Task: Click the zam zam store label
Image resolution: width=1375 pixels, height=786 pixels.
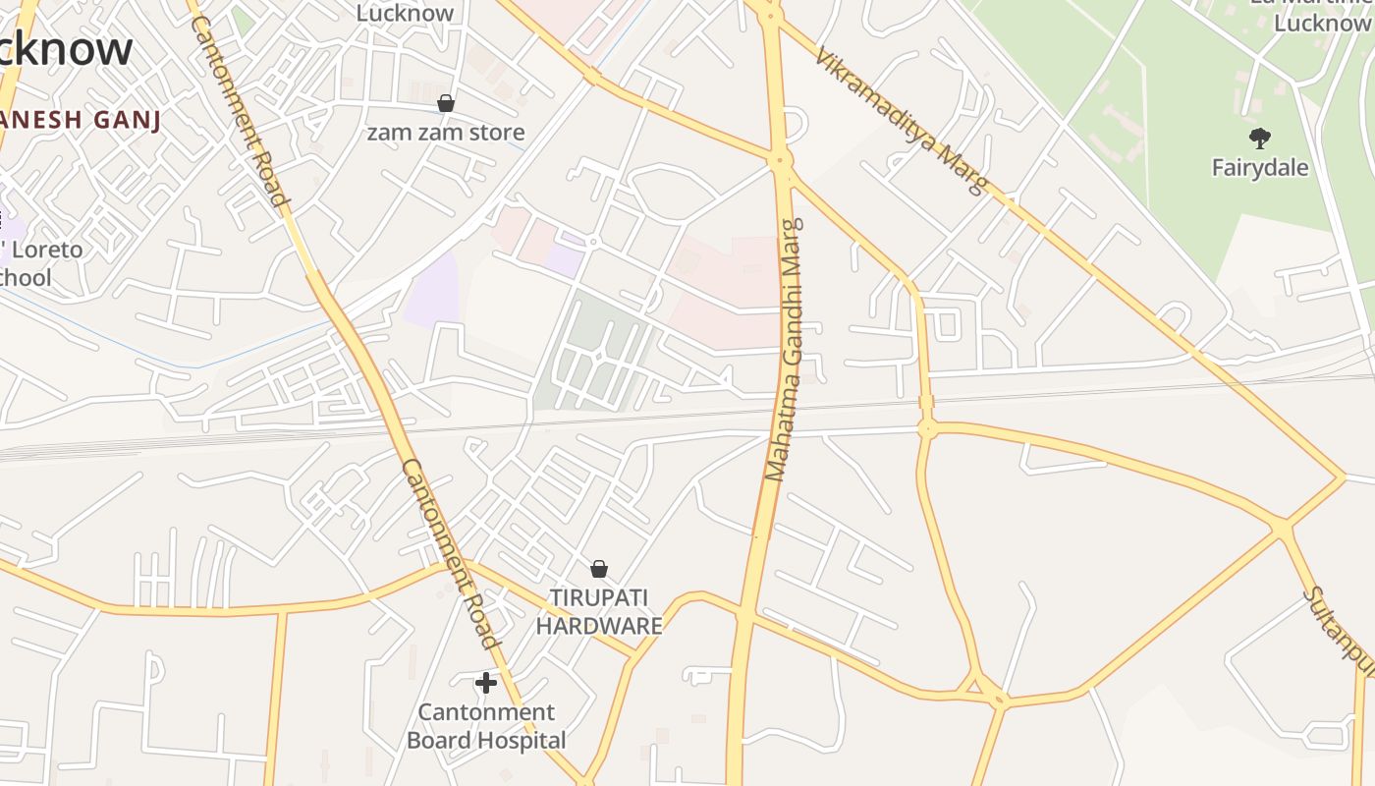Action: pos(445,132)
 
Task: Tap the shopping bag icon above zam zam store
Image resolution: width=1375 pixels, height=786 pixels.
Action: pos(446,103)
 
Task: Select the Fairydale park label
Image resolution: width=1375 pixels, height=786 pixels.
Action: pos(1259,167)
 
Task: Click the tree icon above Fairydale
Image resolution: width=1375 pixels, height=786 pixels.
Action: pos(1259,138)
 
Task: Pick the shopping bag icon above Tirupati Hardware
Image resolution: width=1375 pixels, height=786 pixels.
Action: pos(599,569)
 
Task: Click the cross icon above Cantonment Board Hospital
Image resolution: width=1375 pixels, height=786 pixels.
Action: pos(485,683)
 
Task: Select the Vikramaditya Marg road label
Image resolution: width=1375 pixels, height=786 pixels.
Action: pos(900,122)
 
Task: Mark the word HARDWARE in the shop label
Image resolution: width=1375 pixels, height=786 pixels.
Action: pos(599,626)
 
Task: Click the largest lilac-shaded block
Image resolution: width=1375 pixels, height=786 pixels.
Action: pos(431,289)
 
